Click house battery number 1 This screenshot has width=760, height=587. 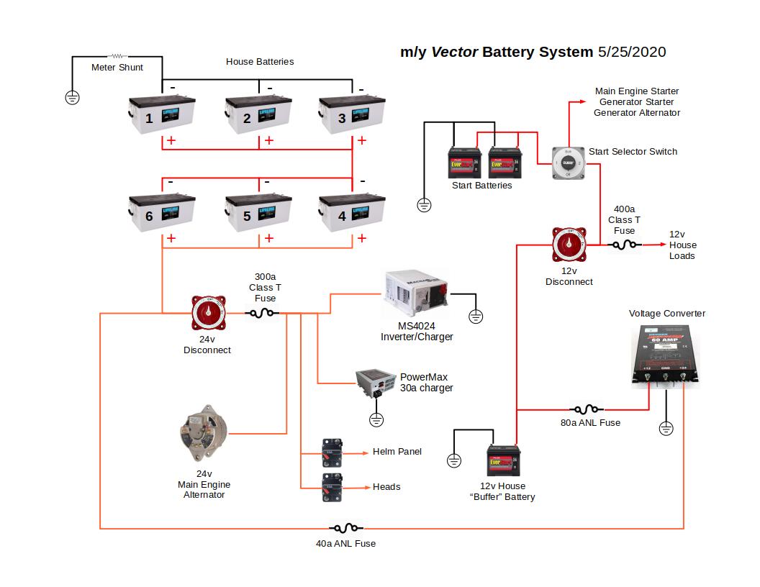[x=161, y=115]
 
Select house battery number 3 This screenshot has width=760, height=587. [x=353, y=115]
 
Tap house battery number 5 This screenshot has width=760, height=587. [x=258, y=214]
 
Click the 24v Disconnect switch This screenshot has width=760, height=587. [x=208, y=313]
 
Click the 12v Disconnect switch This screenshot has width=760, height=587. [x=569, y=245]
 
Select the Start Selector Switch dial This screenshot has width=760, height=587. [x=568, y=163]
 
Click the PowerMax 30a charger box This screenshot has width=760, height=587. [x=376, y=384]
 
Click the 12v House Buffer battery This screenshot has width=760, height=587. [x=504, y=460]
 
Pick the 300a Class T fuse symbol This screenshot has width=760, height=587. [x=263, y=313]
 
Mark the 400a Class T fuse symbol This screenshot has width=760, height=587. [x=624, y=245]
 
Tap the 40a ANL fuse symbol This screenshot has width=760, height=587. [x=345, y=529]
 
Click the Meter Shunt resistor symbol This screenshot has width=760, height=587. [x=117, y=56]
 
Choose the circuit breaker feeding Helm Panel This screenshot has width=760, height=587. [x=331, y=452]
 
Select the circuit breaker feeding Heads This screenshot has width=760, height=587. [x=331, y=486]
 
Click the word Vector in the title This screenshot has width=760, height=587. [x=454, y=53]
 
